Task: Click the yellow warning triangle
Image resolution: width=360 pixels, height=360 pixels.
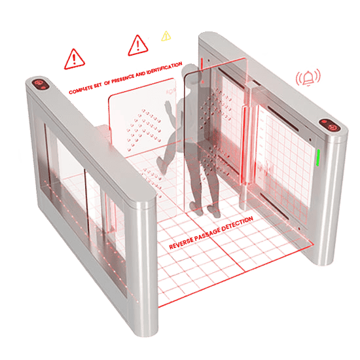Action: (x=166, y=36)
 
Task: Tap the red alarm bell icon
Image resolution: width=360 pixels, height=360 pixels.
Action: (x=308, y=77)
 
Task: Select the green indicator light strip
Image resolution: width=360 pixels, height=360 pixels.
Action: (x=318, y=158)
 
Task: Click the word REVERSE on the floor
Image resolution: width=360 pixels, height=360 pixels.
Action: (x=181, y=243)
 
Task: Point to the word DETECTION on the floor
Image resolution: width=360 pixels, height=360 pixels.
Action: (x=238, y=223)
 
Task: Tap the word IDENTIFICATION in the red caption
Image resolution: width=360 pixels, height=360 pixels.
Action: (x=164, y=68)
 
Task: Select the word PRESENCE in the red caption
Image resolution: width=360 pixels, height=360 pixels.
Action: (x=123, y=79)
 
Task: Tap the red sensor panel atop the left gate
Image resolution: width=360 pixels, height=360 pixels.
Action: (x=41, y=84)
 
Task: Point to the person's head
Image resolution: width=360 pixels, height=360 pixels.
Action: (x=190, y=72)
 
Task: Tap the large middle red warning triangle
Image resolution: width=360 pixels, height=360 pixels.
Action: (x=137, y=45)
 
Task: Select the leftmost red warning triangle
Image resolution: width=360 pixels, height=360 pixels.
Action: (x=74, y=59)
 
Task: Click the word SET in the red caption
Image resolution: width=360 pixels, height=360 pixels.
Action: (x=98, y=85)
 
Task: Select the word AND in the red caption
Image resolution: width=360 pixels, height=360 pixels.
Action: (x=141, y=74)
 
